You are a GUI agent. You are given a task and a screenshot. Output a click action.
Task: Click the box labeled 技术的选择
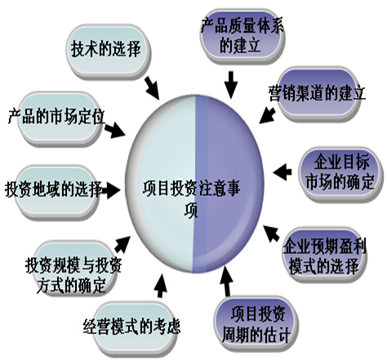click(109, 51)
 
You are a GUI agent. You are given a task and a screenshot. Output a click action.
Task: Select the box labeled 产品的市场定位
click(59, 119)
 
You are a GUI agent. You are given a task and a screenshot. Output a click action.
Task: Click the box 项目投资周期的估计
click(256, 323)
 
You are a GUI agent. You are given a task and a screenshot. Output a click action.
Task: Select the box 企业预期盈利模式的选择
click(324, 255)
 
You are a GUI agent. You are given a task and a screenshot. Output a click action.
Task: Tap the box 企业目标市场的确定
click(341, 174)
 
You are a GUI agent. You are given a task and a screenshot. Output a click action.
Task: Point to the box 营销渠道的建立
click(318, 93)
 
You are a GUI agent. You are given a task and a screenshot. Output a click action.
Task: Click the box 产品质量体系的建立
click(242, 36)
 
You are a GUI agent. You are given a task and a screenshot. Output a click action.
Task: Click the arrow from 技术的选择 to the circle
click(152, 87)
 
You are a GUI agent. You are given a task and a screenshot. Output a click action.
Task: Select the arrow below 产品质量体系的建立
click(231, 85)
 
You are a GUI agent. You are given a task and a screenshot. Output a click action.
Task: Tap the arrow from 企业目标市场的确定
click(282, 172)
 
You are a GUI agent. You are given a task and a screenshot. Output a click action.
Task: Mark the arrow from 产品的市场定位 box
click(115, 130)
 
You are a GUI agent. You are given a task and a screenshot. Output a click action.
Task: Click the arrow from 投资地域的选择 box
click(110, 190)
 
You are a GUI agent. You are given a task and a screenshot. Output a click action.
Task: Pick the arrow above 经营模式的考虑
click(161, 285)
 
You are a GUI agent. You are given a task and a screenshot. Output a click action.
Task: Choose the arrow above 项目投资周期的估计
click(226, 281)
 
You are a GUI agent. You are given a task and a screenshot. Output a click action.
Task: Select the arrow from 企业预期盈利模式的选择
click(271, 233)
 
